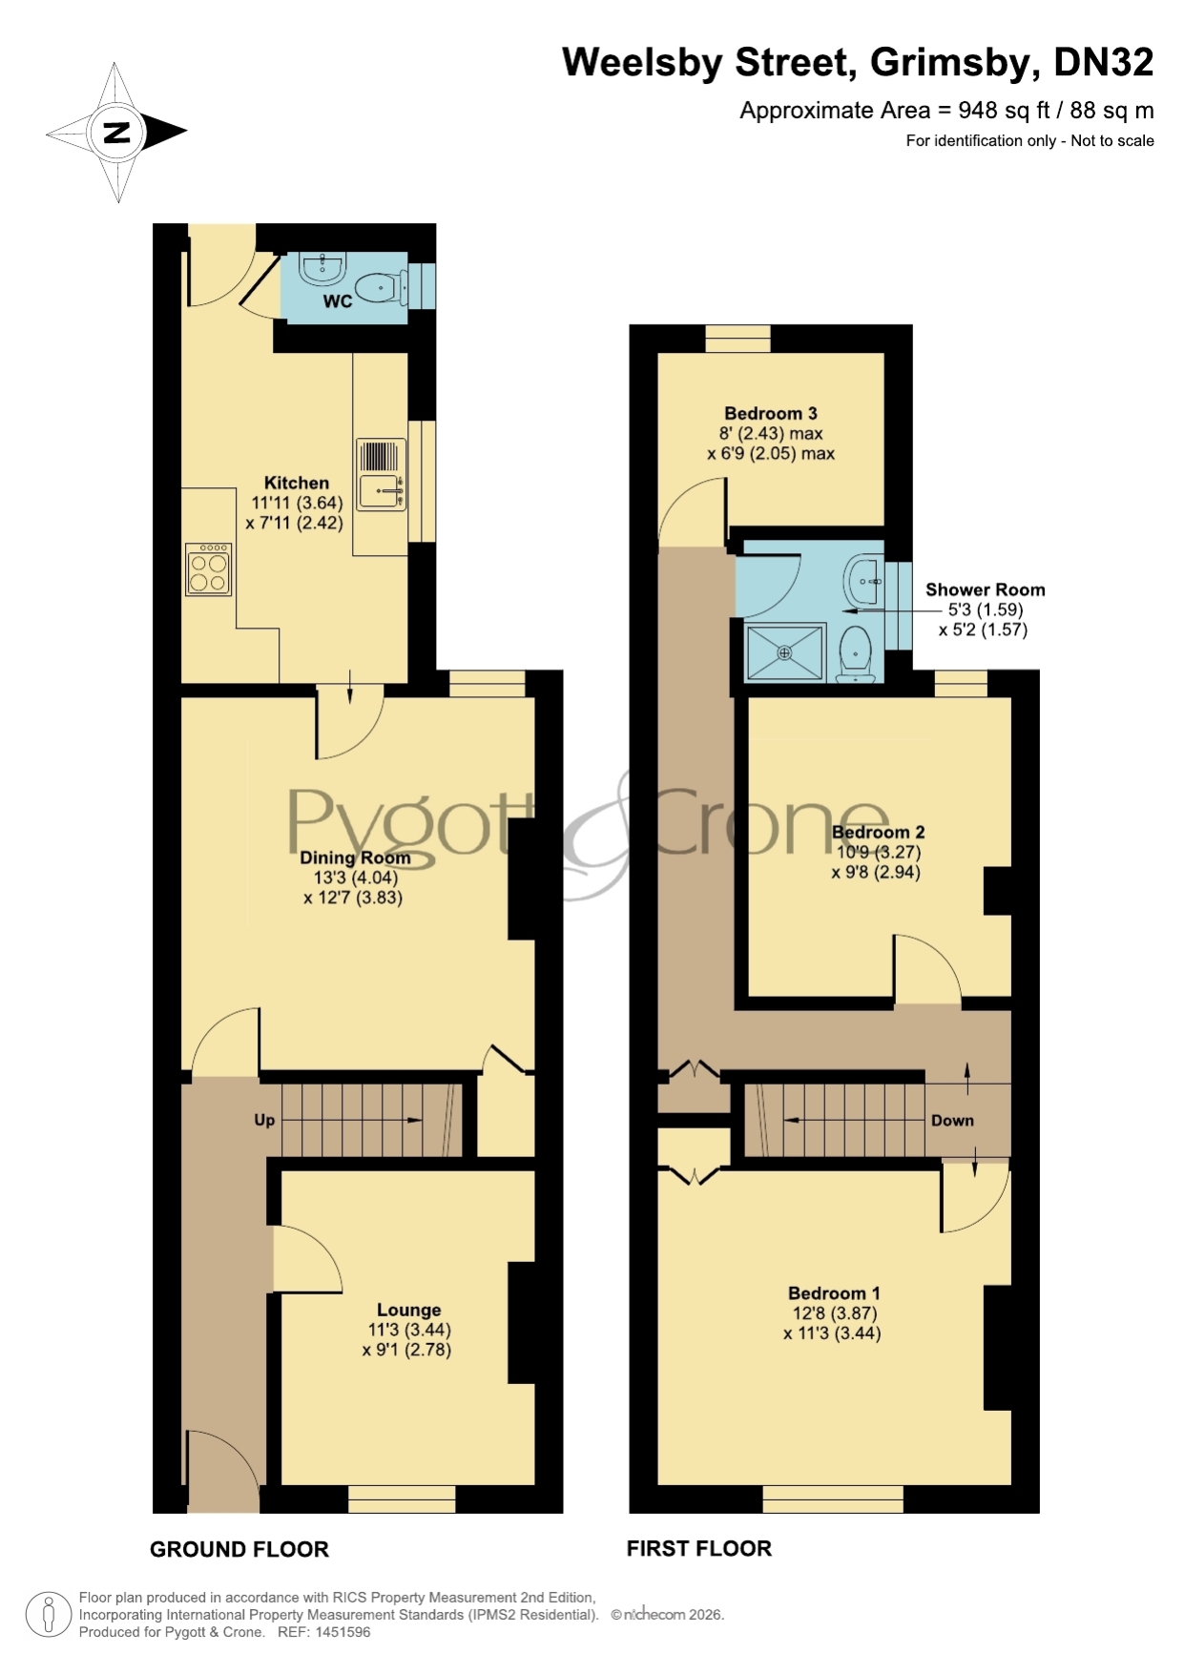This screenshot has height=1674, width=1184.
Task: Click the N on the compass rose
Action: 116,132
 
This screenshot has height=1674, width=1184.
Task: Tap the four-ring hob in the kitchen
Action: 209,569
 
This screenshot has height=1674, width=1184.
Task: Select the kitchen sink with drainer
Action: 382,474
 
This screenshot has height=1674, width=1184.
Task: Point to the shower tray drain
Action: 784,653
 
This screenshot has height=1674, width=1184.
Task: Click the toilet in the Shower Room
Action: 856,654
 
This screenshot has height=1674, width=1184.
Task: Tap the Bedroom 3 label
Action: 771,413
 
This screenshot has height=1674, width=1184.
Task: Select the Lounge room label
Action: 408,1310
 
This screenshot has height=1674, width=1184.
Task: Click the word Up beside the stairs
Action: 264,1120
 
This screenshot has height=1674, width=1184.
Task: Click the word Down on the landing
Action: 952,1121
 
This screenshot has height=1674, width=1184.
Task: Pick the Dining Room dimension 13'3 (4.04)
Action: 355,878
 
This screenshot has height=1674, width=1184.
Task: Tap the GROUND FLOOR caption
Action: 239,1549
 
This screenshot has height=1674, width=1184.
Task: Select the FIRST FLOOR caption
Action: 699,1548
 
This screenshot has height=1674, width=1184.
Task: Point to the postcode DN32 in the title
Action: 1104,62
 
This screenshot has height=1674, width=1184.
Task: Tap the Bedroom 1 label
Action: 834,1293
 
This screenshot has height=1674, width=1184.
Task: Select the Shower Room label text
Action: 986,589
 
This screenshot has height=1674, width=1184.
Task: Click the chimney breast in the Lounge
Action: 521,1322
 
